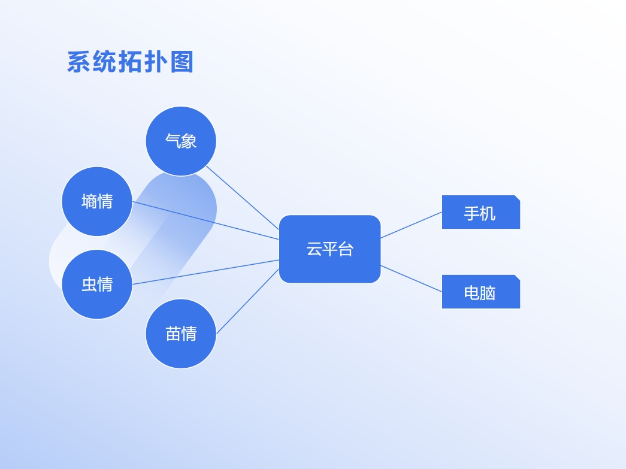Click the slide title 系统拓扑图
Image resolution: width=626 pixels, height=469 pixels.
click(130, 62)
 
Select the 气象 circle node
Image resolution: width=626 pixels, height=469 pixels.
click(181, 141)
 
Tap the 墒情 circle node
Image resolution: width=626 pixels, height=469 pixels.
click(97, 201)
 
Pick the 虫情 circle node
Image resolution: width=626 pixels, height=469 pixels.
click(97, 284)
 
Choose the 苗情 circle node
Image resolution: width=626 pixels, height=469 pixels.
click(181, 334)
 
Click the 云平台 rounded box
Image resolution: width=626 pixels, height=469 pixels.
click(329, 249)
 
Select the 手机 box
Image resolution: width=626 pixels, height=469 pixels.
click(480, 212)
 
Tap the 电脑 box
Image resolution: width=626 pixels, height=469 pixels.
click(480, 292)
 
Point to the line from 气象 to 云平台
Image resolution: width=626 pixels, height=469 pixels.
click(243, 198)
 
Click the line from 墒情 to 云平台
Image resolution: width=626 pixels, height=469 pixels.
click(205, 221)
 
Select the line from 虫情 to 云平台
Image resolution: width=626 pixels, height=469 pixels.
click(205, 272)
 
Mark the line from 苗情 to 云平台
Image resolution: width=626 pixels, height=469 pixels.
click(247, 301)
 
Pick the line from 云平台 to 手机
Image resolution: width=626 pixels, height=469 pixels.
click(411, 225)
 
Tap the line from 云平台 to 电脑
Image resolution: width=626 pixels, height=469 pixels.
click(411, 279)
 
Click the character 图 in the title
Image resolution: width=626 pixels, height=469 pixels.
click(182, 62)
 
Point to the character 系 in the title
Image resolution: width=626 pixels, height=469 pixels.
click(78, 62)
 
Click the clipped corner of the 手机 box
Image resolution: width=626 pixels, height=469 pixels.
click(518, 198)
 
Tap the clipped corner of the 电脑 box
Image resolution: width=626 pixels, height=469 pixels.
click(518, 277)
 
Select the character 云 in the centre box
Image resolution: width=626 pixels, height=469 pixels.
click(314, 249)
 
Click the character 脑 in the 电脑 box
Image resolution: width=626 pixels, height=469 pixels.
click(488, 293)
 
